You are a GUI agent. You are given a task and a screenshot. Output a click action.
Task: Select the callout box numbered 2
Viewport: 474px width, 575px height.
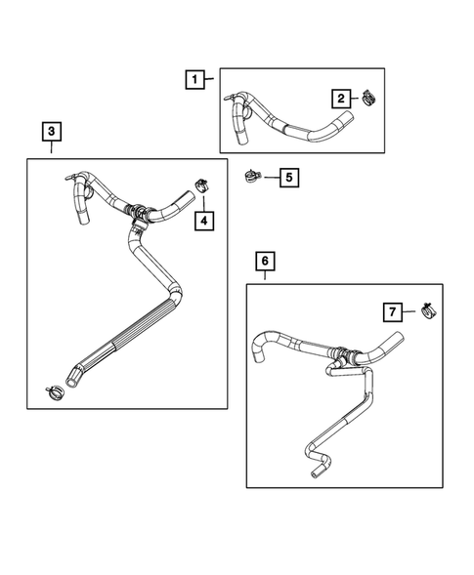340,98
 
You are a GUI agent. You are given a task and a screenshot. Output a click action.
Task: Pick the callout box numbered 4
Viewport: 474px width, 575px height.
203,221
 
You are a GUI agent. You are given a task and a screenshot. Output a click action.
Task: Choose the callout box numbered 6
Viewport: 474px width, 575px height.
265,261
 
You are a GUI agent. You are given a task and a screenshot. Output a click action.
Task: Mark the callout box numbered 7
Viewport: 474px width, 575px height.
391,311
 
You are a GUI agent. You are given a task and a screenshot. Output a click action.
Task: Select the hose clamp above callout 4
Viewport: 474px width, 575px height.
203,183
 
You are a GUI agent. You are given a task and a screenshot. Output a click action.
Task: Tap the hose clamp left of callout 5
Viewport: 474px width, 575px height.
251,177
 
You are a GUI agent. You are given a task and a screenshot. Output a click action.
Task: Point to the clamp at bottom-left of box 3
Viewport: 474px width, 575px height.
56,392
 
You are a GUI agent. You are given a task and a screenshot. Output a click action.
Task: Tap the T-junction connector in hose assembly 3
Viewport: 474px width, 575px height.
140,218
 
